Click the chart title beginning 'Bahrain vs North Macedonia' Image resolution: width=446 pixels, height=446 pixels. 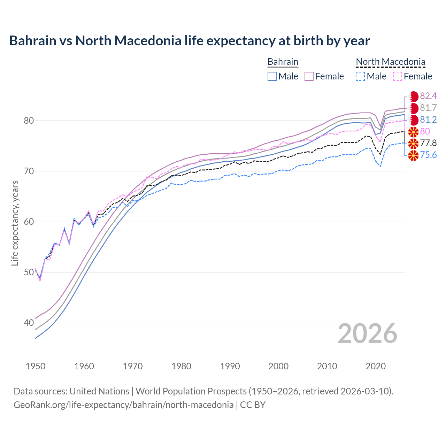189,41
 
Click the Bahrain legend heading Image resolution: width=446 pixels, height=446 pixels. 283,62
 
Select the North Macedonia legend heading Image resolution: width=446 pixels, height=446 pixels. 390,62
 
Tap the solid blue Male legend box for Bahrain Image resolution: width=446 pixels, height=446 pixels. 272,76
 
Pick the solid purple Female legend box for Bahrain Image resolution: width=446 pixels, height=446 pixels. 309,76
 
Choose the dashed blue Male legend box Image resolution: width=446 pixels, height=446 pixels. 361,76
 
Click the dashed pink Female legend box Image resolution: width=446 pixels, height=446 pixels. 398,76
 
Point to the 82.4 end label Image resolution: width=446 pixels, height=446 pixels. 428,96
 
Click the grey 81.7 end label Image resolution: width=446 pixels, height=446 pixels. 428,108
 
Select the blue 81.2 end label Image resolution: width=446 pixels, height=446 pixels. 428,120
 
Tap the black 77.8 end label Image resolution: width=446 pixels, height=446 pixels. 428,143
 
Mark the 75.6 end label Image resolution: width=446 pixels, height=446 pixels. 428,155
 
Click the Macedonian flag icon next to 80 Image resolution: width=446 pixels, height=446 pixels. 413,132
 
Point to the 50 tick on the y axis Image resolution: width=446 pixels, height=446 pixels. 29,272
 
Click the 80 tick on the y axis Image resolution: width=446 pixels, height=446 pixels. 29,121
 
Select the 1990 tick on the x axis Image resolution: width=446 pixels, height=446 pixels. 230,366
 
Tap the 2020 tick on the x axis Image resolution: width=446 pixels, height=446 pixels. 376,366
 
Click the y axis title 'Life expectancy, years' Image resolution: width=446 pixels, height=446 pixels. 15,223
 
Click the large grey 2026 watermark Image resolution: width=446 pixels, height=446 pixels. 368,333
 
